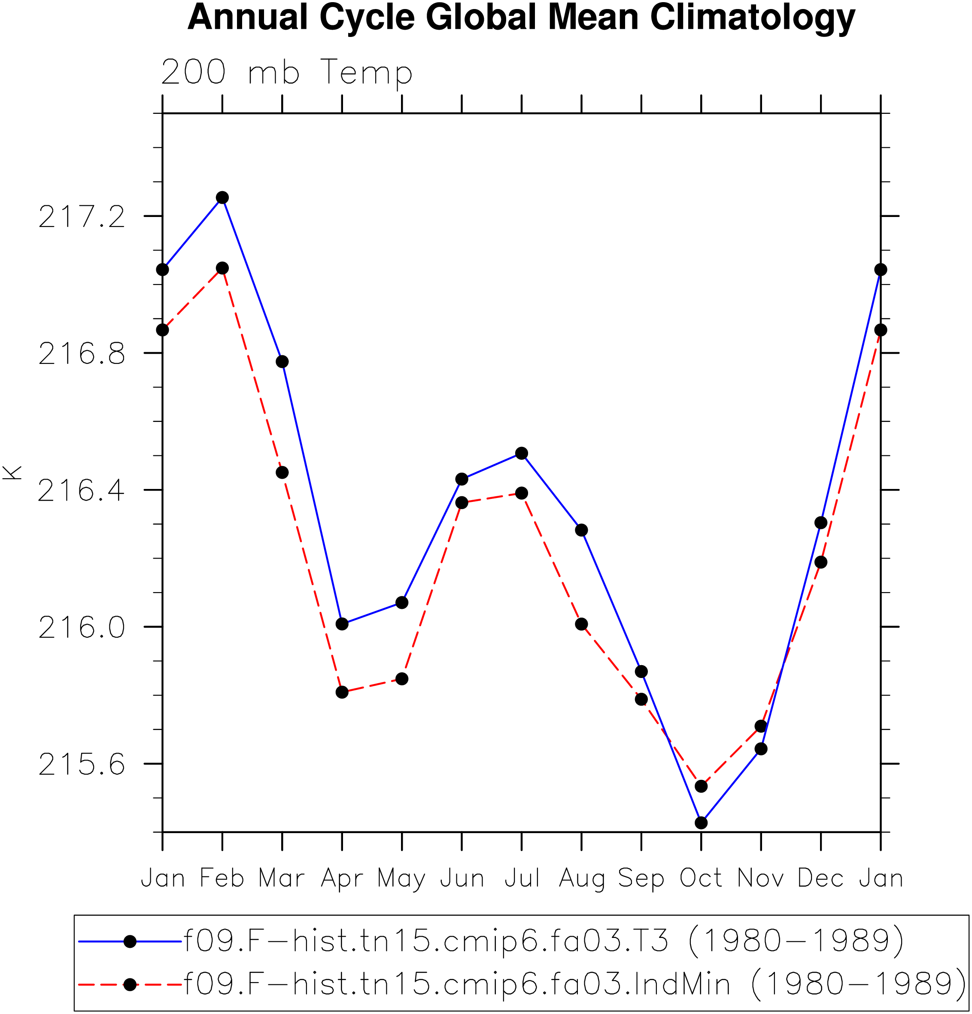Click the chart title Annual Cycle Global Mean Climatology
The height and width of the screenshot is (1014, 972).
pyautogui.click(x=521, y=18)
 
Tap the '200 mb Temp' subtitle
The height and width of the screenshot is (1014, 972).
pyautogui.click(x=286, y=73)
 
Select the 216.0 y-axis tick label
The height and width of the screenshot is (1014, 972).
pyautogui.click(x=82, y=628)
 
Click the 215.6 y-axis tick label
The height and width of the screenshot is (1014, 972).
pyautogui.click(x=82, y=764)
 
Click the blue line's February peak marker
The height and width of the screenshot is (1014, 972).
pyautogui.click(x=222, y=198)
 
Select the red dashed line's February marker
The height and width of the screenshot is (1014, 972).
pyautogui.click(x=222, y=268)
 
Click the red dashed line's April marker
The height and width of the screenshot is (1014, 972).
pyautogui.click(x=342, y=692)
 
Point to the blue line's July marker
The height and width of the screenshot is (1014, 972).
pyautogui.click(x=522, y=453)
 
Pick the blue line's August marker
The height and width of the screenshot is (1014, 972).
pyautogui.click(x=581, y=530)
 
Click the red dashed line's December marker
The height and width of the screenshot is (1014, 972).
pyautogui.click(x=820, y=562)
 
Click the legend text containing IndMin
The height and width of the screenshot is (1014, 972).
pyautogui.click(x=574, y=984)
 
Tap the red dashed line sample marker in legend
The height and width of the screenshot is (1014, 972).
pyautogui.click(x=130, y=984)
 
